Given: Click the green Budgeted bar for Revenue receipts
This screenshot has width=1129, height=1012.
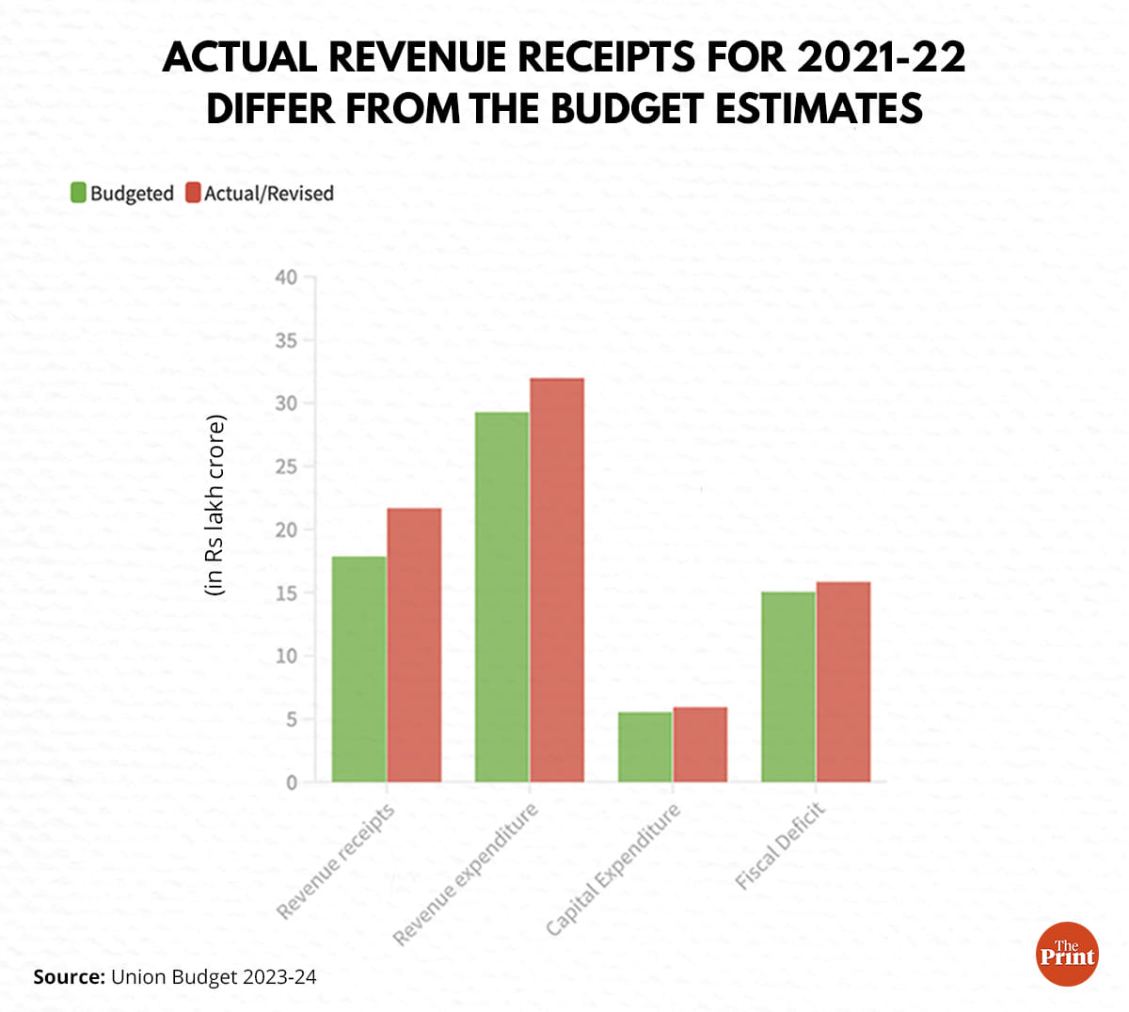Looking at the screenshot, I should tap(358, 669).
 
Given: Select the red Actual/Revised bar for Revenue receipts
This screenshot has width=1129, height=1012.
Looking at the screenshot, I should tap(414, 645).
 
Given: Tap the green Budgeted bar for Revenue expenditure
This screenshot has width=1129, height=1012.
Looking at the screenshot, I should tap(501, 597).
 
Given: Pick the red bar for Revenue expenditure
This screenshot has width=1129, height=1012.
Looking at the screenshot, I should tap(557, 580).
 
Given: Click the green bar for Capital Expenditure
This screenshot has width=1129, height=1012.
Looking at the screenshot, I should tap(644, 747).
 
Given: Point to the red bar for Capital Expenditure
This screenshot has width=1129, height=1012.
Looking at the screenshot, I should tap(700, 744).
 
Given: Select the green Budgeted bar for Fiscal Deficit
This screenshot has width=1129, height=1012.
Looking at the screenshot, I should tap(787, 687).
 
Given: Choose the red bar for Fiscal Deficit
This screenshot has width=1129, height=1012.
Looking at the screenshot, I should tap(843, 682).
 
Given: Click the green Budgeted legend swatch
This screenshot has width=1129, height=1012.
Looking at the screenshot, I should tap(79, 193).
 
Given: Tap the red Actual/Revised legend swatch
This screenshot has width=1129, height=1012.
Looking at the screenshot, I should tap(193, 193).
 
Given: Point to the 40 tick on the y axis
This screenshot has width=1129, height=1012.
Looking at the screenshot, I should tap(286, 277).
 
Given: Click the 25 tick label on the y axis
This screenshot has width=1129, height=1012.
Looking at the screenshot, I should tap(286, 466).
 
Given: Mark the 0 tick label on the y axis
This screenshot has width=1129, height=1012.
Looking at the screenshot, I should tap(291, 783).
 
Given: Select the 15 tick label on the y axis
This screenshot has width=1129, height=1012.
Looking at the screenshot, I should tap(286, 593).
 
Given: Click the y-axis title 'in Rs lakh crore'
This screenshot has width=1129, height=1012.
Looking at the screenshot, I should tap(215, 505).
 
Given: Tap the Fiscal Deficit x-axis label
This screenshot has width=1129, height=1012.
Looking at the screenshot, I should tap(781, 846).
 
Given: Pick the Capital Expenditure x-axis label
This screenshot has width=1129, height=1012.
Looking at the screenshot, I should tap(613, 870).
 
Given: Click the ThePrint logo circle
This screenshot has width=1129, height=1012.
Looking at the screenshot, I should tap(1067, 955).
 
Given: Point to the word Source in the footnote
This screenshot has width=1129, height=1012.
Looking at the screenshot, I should tap(69, 977).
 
